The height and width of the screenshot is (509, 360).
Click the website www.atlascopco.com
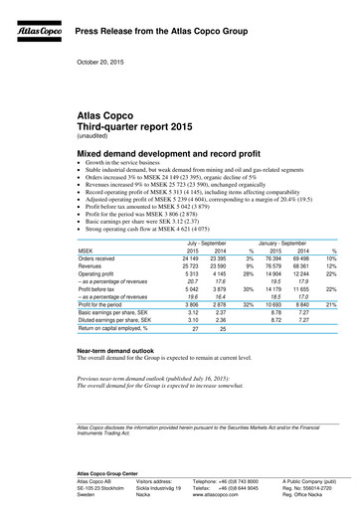point(213,495)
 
